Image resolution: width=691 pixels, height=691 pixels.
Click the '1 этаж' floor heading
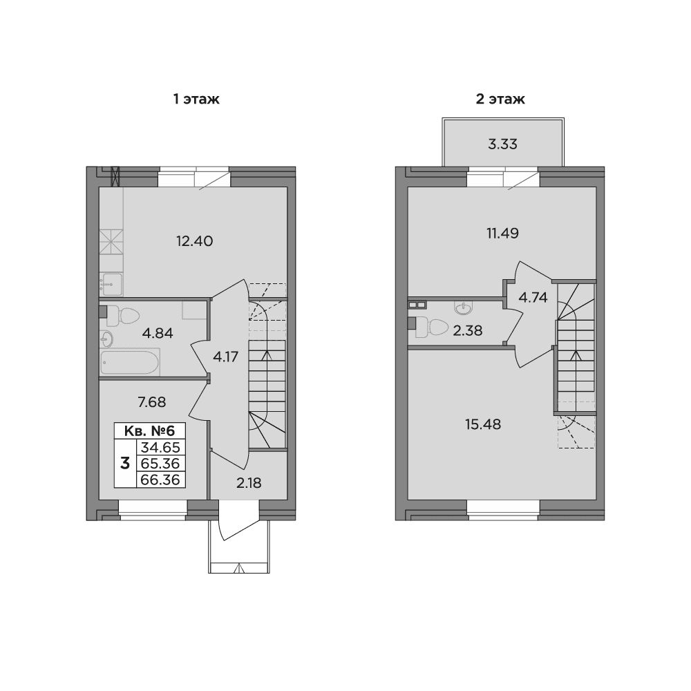196,99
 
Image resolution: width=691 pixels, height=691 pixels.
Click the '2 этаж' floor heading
500,99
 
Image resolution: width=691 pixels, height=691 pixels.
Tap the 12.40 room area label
194,241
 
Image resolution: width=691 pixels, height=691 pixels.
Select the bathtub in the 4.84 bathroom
130,362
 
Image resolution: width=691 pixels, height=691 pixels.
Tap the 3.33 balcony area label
503,144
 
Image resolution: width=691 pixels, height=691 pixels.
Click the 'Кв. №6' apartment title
150,430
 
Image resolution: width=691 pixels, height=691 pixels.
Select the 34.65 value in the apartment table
160,447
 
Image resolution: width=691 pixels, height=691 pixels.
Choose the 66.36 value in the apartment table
160,480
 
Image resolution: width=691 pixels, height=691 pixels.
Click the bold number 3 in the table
125,464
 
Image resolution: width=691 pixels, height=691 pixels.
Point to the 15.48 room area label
483,424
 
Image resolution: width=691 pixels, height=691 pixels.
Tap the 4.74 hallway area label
533,298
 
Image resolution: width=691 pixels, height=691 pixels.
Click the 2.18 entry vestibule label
249,484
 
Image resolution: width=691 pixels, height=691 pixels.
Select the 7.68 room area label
152,402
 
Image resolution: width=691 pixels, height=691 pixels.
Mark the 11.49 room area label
503,233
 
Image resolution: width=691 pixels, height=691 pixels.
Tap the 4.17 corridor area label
226,357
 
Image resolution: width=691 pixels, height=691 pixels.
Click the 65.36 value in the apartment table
160,464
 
